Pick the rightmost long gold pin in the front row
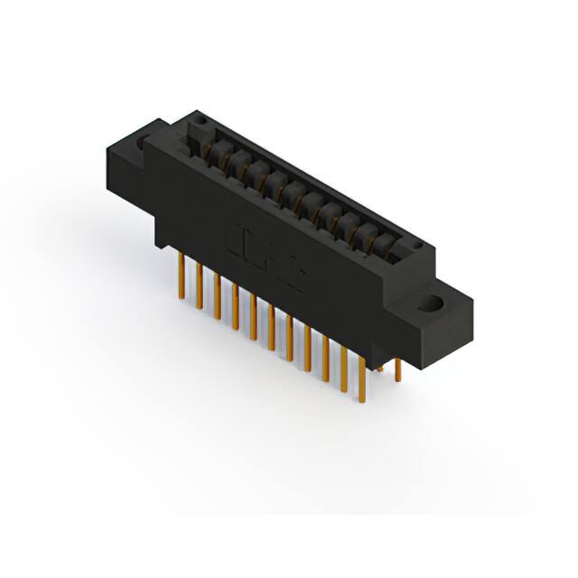(363, 370)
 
